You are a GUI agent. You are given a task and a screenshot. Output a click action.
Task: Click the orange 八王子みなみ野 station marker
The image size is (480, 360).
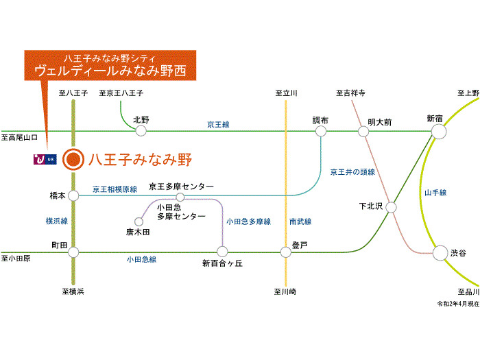pyautogui.click(x=73, y=159)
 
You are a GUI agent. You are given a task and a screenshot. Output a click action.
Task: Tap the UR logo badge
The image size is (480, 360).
pyautogui.click(x=45, y=160)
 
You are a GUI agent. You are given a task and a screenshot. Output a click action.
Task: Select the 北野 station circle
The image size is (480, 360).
pyautogui.click(x=141, y=131)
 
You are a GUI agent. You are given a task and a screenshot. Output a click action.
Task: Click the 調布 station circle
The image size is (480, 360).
pyautogui.click(x=320, y=132)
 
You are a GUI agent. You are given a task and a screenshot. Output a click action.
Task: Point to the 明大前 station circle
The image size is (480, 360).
pyautogui.click(x=363, y=132)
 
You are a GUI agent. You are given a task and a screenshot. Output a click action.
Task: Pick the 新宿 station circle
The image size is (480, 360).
pyautogui.click(x=439, y=132)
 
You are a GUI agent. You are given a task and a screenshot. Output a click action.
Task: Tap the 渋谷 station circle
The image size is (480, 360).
pyautogui.click(x=440, y=253)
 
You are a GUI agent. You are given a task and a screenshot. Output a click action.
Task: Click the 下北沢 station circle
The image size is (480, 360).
pyautogui.click(x=391, y=207)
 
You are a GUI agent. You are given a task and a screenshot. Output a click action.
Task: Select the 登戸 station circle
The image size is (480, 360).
pyautogui.click(x=286, y=252)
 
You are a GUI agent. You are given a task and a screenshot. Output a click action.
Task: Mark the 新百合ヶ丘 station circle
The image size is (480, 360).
pyautogui.click(x=222, y=252)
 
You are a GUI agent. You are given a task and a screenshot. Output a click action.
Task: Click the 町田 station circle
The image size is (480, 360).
pyautogui.click(x=73, y=252)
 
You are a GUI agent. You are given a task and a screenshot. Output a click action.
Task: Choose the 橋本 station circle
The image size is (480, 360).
pyautogui.click(x=73, y=195)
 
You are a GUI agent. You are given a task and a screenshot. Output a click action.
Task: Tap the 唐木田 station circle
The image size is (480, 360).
pyautogui.click(x=139, y=221)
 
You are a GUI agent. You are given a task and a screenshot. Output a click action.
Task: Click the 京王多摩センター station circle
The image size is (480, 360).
pyautogui.click(x=180, y=197)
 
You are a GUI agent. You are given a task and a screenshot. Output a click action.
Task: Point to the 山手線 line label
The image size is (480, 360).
pyautogui.click(x=435, y=193)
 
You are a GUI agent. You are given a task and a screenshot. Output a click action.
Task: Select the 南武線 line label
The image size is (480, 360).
pyautogui.click(x=300, y=221)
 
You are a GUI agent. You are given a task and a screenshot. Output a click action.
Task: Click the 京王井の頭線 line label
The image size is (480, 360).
pyautogui.click(x=352, y=172)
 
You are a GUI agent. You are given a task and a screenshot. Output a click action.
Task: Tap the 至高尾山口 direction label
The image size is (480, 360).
pyautogui.click(x=19, y=137)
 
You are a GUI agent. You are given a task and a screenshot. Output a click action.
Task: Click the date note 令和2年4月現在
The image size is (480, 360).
pyautogui.click(x=458, y=304)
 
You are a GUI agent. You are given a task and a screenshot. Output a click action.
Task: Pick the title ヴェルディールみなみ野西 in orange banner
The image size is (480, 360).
pyautogui.click(x=110, y=71)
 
